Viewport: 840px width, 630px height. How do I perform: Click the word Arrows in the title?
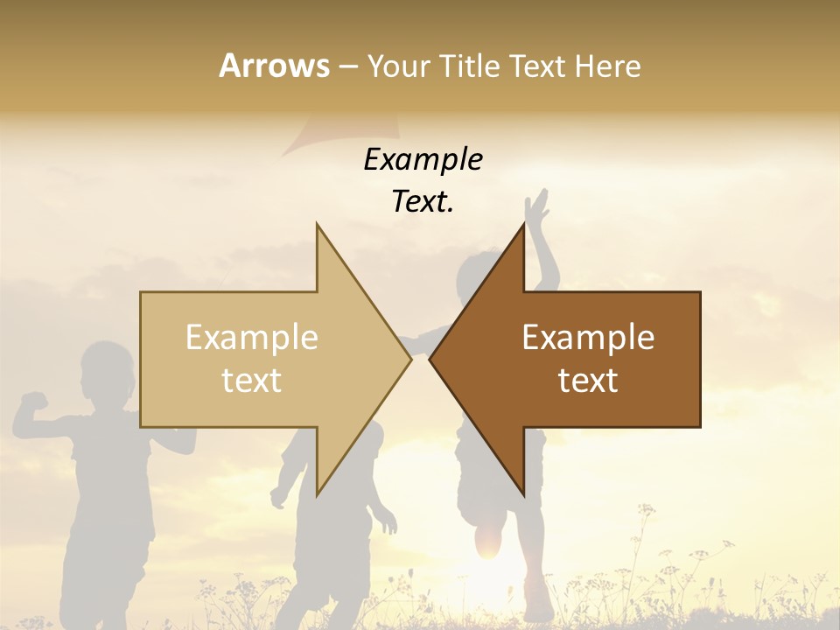(274, 66)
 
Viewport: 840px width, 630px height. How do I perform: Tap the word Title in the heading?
(470, 66)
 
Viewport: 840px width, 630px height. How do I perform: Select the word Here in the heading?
(608, 66)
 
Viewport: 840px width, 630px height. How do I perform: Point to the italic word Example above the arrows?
(423, 160)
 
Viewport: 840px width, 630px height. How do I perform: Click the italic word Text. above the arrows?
(423, 202)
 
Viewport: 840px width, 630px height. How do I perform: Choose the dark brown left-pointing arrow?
(612, 402)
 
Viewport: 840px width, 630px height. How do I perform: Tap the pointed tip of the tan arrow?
(409, 359)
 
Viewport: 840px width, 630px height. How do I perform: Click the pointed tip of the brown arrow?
(431, 359)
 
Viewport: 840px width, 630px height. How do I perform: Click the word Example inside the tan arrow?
(252, 338)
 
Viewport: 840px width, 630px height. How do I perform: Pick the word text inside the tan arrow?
(252, 381)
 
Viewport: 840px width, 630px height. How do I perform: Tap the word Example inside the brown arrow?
(588, 338)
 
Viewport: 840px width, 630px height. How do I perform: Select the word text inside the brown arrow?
(588, 381)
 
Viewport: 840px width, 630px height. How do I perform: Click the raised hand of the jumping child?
(536, 208)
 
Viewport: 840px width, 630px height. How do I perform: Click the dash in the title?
(347, 67)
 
